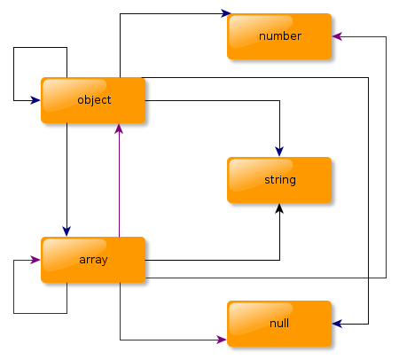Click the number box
tap(279, 36)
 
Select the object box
tap(93, 100)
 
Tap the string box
tap(279, 180)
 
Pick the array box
tap(93, 260)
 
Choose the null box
tap(279, 324)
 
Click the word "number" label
tap(280, 36)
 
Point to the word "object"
tap(94, 100)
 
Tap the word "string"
tap(280, 180)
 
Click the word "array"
tap(93, 260)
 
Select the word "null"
tap(279, 323)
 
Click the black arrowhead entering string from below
tap(279, 208)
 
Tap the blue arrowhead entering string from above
tap(279, 152)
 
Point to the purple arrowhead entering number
tap(337, 36)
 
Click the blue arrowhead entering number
tap(226, 13)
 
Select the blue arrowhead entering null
tap(337, 324)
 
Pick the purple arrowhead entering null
tap(222, 340)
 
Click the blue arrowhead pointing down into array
tap(66, 231)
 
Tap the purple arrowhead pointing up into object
tap(119, 129)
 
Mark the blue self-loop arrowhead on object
tap(35, 100)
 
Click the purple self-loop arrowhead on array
tap(35, 260)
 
